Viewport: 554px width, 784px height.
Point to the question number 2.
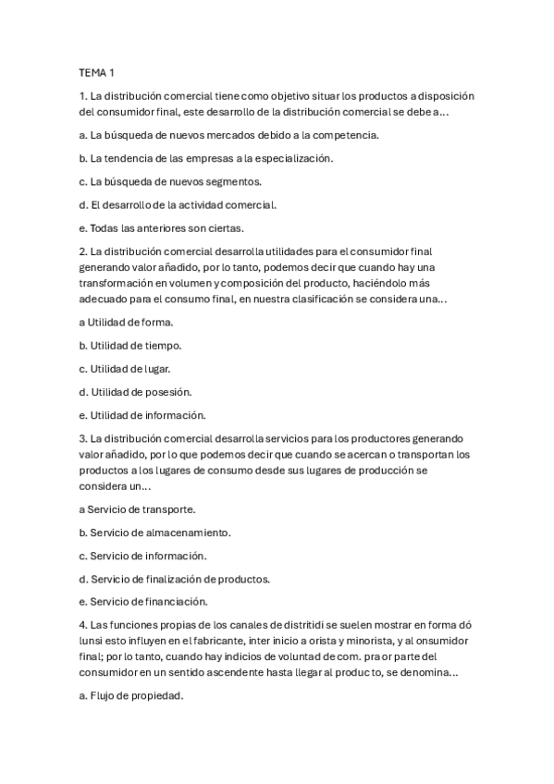(x=83, y=251)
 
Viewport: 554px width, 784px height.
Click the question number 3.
(x=83, y=438)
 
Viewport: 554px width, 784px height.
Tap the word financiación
(x=173, y=603)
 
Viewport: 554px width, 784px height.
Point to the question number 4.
(x=83, y=627)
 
